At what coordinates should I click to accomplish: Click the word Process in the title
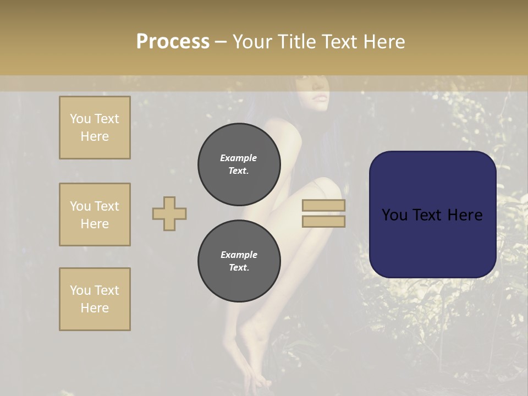click(173, 42)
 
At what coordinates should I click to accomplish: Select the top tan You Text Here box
click(95, 128)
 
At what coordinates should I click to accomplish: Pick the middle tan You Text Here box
click(95, 215)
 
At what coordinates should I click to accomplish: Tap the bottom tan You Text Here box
click(95, 299)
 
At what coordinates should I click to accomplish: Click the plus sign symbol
click(169, 213)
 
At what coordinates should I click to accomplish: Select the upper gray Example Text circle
click(239, 164)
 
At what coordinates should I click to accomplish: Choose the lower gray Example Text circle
click(239, 261)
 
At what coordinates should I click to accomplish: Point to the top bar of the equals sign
click(323, 206)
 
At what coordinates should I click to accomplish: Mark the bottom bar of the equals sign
click(323, 221)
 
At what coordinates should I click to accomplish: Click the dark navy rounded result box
click(432, 242)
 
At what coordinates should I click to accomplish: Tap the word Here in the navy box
click(464, 215)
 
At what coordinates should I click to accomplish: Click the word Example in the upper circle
click(238, 158)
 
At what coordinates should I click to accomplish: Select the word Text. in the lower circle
click(238, 268)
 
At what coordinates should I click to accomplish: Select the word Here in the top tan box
click(95, 136)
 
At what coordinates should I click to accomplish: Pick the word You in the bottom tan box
click(80, 290)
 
